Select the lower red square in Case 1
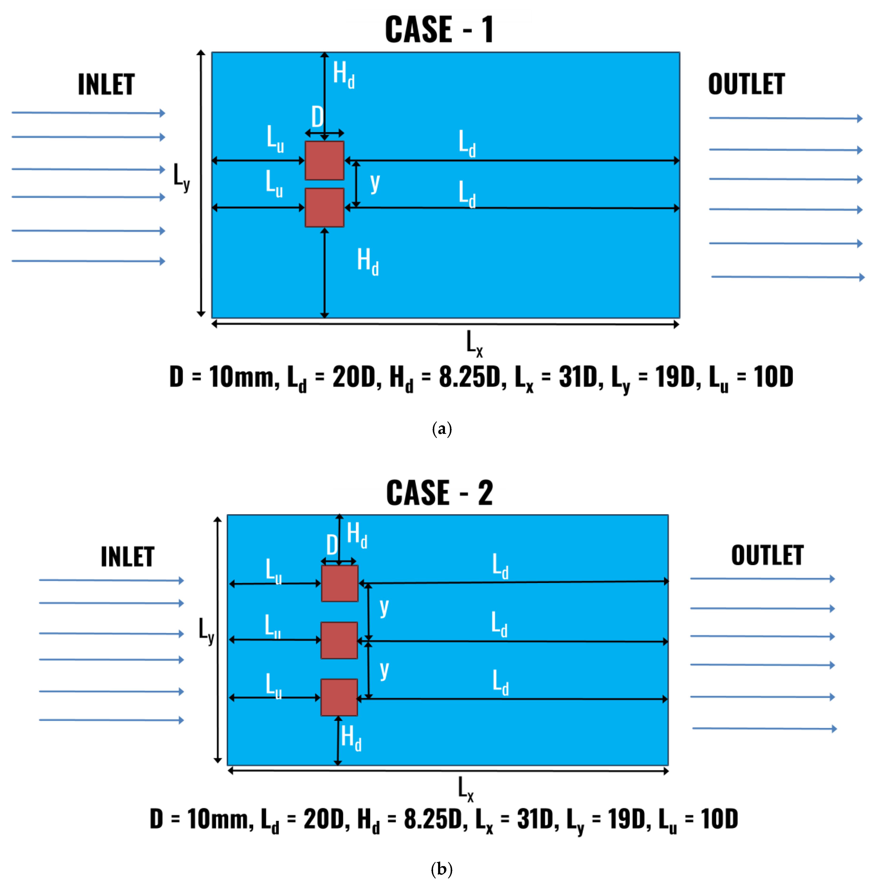(324, 208)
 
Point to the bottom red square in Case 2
(339, 697)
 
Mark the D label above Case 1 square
(317, 117)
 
